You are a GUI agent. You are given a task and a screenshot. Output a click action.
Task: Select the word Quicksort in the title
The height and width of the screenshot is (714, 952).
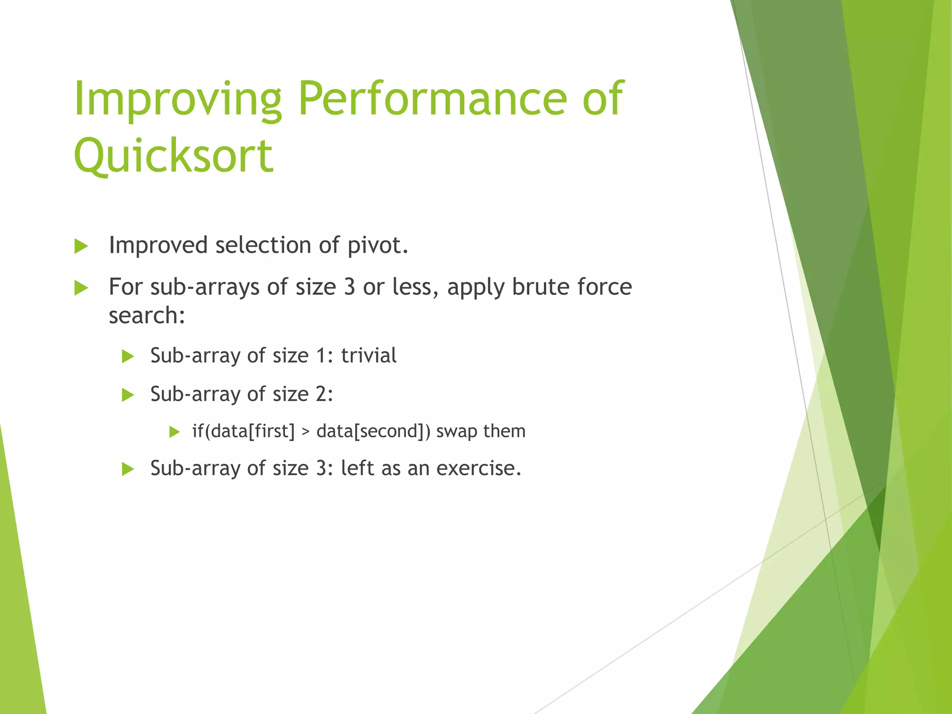(173, 156)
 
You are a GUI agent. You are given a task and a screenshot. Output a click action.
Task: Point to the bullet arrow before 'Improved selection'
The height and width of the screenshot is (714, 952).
(81, 246)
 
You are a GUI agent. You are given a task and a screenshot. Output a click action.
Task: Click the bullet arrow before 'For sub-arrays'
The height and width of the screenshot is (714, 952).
(81, 288)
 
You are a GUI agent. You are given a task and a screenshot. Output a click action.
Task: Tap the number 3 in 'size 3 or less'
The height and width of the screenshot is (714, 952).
(349, 287)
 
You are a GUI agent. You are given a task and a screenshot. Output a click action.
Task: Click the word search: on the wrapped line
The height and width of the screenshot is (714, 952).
(147, 316)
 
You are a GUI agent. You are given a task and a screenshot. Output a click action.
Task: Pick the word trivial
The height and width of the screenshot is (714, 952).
(369, 356)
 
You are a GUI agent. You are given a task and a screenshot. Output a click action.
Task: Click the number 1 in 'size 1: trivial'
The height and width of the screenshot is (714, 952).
(321, 356)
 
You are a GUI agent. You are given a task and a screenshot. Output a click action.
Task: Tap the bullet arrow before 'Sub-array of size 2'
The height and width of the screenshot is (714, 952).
(128, 395)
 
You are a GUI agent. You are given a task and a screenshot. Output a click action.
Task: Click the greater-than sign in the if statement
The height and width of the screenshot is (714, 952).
(305, 431)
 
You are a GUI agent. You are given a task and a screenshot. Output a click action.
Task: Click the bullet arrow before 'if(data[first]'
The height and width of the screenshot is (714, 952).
(174, 432)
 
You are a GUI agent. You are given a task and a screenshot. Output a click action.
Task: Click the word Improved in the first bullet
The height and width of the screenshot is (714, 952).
(158, 245)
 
